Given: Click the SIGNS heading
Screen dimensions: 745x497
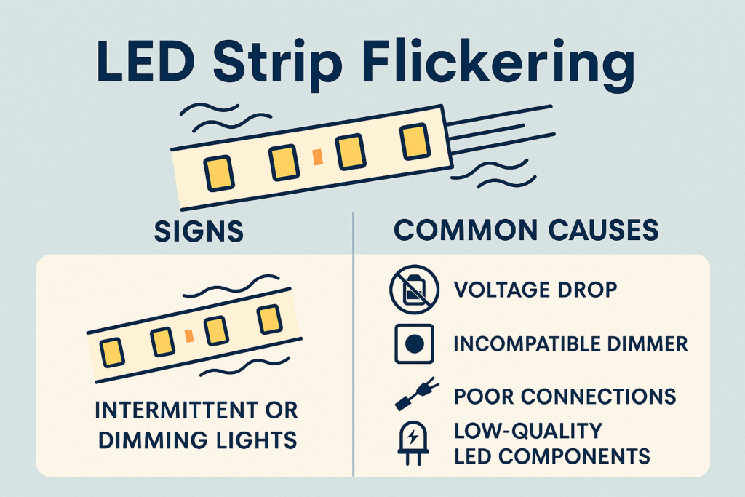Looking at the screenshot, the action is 199,231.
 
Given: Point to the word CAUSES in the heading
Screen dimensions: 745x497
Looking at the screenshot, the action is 603,230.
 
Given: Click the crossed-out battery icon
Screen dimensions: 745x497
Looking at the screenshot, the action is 414,290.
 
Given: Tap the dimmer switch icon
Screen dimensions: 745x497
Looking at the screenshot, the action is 414,343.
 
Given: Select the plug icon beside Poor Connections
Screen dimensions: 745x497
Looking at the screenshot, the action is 417,394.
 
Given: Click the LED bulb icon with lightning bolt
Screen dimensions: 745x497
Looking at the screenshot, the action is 413,442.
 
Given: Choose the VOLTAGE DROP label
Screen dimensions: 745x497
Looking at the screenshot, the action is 535,290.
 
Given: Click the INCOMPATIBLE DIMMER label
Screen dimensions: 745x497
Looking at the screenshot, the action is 570,343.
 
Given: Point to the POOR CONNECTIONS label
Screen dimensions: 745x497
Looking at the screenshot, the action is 565,397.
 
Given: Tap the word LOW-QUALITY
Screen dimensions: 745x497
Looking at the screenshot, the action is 528,431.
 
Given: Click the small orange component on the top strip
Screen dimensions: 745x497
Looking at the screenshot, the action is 318,156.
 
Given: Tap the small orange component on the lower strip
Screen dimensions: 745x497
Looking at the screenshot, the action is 189,335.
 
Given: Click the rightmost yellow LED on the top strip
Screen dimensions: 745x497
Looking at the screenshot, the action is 415,142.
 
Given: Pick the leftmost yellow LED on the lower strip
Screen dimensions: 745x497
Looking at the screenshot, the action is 111,353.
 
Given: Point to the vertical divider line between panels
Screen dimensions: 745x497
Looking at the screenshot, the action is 353,343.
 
